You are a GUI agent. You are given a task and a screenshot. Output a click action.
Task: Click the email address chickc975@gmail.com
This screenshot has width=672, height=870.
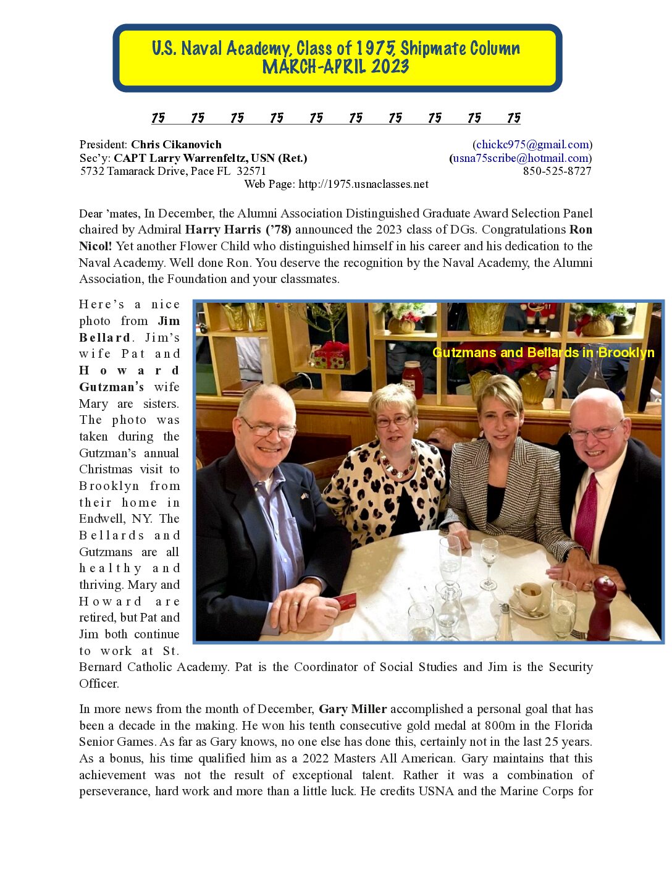click(532, 145)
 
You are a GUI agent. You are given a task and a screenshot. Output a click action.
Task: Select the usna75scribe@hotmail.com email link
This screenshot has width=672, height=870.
click(520, 158)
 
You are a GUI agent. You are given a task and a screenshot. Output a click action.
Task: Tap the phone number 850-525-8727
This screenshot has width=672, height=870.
click(557, 171)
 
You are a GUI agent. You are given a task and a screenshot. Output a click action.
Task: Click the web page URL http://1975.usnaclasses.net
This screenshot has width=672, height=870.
click(363, 184)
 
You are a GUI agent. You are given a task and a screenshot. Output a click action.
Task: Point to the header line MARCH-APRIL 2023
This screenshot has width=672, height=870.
click(336, 67)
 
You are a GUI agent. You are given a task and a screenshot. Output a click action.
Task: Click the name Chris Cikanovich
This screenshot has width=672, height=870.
click(176, 145)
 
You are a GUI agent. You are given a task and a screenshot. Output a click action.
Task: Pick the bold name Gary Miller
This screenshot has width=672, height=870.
click(353, 709)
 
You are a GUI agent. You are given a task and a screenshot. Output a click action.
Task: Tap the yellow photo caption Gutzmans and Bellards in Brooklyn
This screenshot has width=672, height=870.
click(543, 353)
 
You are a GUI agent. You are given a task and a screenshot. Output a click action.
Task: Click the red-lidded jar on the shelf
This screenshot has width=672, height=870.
click(412, 378)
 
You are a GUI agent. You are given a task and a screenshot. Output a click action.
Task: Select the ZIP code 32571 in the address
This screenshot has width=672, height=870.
click(251, 171)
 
